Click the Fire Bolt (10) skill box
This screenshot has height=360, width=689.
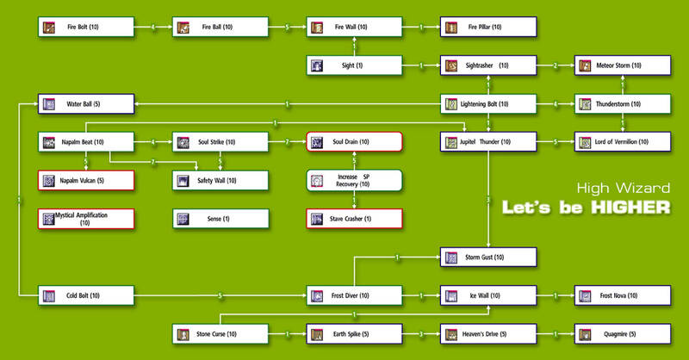(86, 28)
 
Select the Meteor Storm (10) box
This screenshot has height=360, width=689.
(623, 65)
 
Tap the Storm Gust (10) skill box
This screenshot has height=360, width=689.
(488, 257)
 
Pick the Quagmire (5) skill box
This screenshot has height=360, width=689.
(623, 333)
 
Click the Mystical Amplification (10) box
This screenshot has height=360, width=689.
(86, 218)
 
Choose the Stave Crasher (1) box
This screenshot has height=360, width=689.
(354, 218)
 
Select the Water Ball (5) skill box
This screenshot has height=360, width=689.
(86, 104)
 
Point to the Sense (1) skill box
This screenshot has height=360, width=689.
(220, 218)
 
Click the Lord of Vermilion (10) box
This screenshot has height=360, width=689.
(623, 142)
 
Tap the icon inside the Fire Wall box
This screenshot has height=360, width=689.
(317, 28)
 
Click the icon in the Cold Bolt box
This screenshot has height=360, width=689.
(48, 295)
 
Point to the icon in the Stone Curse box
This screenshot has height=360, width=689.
(183, 333)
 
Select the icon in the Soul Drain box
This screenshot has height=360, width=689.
(317, 142)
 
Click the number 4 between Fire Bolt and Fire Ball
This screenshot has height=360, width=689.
(153, 28)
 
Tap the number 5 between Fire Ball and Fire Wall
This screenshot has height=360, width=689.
(287, 28)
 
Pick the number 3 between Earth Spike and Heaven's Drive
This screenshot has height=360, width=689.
(421, 333)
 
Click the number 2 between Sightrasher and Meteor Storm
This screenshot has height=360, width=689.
(556, 65)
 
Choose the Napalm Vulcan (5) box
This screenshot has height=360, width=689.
(86, 180)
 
